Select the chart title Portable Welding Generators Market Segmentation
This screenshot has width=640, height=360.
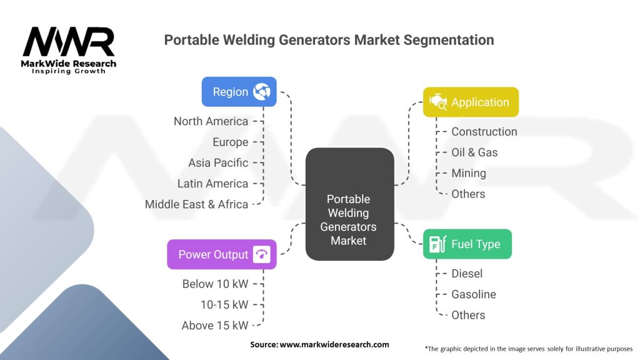(x=329, y=40)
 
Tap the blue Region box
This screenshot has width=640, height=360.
(x=239, y=92)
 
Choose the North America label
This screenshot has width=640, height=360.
(x=211, y=121)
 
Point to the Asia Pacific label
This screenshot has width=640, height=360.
(x=218, y=162)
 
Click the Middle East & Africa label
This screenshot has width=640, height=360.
(x=196, y=204)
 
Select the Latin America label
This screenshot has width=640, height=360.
(x=212, y=183)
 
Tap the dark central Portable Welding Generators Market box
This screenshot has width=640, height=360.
(x=349, y=204)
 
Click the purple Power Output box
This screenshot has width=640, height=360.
(x=221, y=254)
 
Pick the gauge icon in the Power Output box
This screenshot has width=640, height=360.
(x=261, y=254)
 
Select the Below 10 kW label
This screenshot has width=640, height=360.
(x=215, y=284)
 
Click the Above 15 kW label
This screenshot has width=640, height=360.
(x=214, y=325)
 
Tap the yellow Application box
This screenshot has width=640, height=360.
(x=471, y=102)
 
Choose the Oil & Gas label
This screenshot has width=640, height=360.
(x=474, y=152)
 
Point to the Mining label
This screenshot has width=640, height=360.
(x=468, y=173)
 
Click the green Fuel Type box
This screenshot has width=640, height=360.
(x=467, y=244)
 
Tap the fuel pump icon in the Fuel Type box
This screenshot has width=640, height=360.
(x=437, y=244)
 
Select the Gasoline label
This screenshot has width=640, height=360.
(x=473, y=294)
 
